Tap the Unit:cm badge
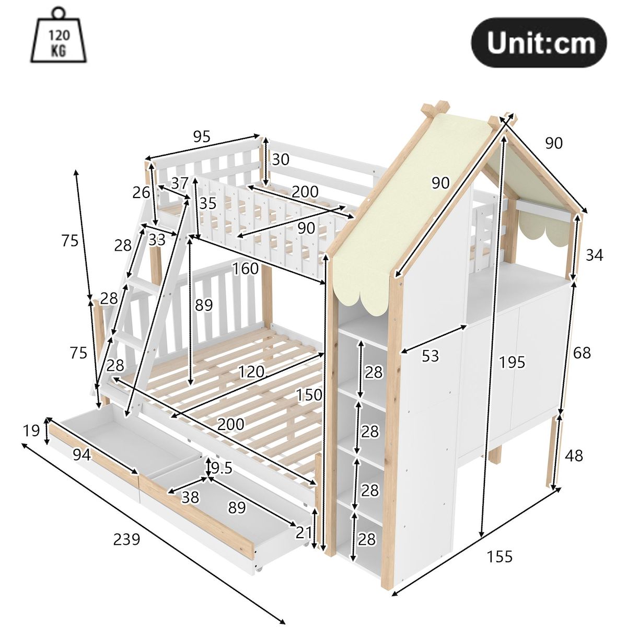(539, 43)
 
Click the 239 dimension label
(126, 539)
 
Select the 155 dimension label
(500, 556)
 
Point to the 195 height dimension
(512, 362)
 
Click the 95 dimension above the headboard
(202, 137)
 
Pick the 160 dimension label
(246, 269)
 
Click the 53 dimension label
(431, 356)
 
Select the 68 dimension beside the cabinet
(582, 352)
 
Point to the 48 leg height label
(574, 456)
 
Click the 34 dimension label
(595, 255)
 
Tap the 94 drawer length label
(82, 455)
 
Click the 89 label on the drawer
(237, 507)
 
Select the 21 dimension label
(304, 532)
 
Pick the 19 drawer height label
(31, 431)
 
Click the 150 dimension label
(309, 394)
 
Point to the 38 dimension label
(190, 497)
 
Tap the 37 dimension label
(180, 183)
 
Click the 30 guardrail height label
(281, 159)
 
